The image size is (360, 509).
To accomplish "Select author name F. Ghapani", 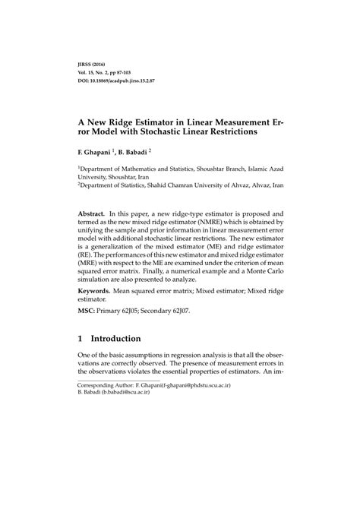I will [96, 151].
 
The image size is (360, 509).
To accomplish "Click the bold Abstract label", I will [92, 215].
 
